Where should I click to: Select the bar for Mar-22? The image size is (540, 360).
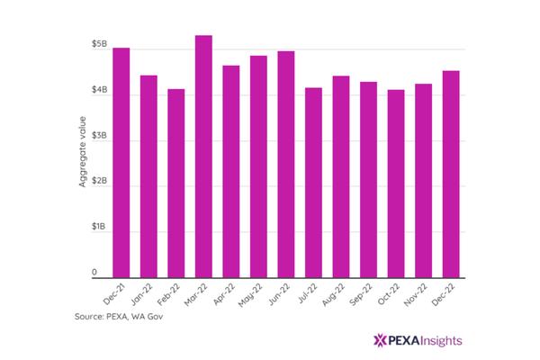[x=203, y=157]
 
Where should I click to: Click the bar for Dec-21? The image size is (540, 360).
[x=121, y=163]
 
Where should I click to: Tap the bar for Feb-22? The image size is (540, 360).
[x=176, y=184]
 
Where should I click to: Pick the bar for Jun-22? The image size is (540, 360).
[x=286, y=165]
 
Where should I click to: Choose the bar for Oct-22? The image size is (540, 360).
[x=396, y=184]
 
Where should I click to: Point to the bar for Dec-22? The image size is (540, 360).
[x=451, y=175]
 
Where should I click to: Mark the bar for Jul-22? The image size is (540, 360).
[x=313, y=183]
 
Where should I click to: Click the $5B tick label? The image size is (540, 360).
[x=99, y=44]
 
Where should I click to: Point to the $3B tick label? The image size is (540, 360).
[x=99, y=135]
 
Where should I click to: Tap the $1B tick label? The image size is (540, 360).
[x=99, y=227]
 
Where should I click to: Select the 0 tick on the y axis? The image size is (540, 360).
[x=94, y=273]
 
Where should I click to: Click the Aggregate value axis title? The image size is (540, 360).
[x=82, y=152]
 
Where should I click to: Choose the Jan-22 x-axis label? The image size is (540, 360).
[x=142, y=294]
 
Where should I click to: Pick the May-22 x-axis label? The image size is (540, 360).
[x=251, y=295]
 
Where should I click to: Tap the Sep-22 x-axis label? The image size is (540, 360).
[x=361, y=294]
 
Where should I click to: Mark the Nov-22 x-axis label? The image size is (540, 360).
[x=416, y=295]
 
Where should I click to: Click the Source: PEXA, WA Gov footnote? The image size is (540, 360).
[x=119, y=316]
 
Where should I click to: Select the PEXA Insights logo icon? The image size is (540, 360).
[x=380, y=340]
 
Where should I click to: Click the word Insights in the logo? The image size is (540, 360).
[x=441, y=341]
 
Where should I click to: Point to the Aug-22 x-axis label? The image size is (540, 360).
[x=333, y=294]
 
